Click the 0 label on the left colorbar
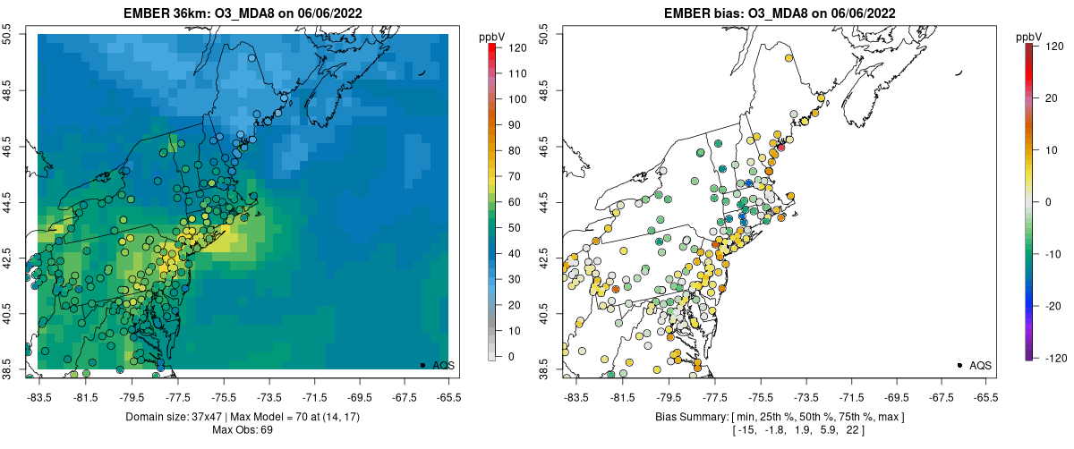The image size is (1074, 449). click(510, 356)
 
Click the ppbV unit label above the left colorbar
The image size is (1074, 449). click(492, 36)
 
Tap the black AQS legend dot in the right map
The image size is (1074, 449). click(959, 365)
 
